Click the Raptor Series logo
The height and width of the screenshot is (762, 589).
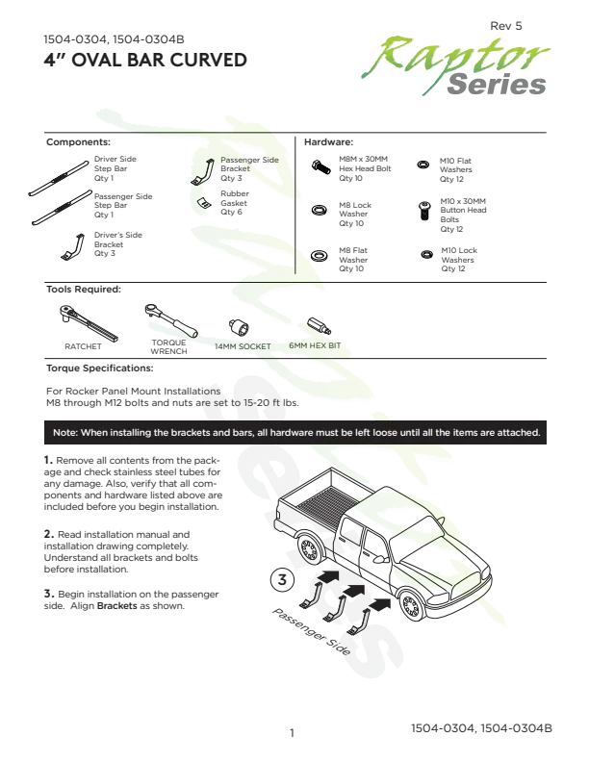tap(455, 64)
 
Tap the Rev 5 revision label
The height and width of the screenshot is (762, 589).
tap(506, 26)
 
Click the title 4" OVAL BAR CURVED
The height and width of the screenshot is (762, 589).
tap(145, 61)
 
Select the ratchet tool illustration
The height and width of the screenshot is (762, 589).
tap(89, 322)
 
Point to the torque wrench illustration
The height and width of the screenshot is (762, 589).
tap(171, 320)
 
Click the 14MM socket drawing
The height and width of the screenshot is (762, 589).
tap(239, 327)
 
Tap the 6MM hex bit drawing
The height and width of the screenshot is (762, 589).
tap(320, 325)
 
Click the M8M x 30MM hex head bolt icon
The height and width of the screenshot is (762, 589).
tap(320, 167)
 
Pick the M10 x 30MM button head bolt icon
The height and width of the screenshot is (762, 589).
tap(424, 212)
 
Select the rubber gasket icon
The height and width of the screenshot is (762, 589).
tap(205, 203)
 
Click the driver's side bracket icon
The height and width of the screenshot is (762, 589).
tap(73, 247)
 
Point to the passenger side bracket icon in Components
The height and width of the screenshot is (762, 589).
tap(203, 172)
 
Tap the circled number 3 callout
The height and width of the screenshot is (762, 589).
tap(282, 580)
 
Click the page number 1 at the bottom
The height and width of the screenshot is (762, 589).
tap(292, 733)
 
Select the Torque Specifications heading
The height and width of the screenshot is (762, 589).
tap(100, 368)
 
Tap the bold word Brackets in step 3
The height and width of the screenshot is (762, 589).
tap(117, 606)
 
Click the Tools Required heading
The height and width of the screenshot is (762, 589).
tap(84, 290)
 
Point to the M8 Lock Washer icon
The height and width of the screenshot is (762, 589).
tap(319, 211)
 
